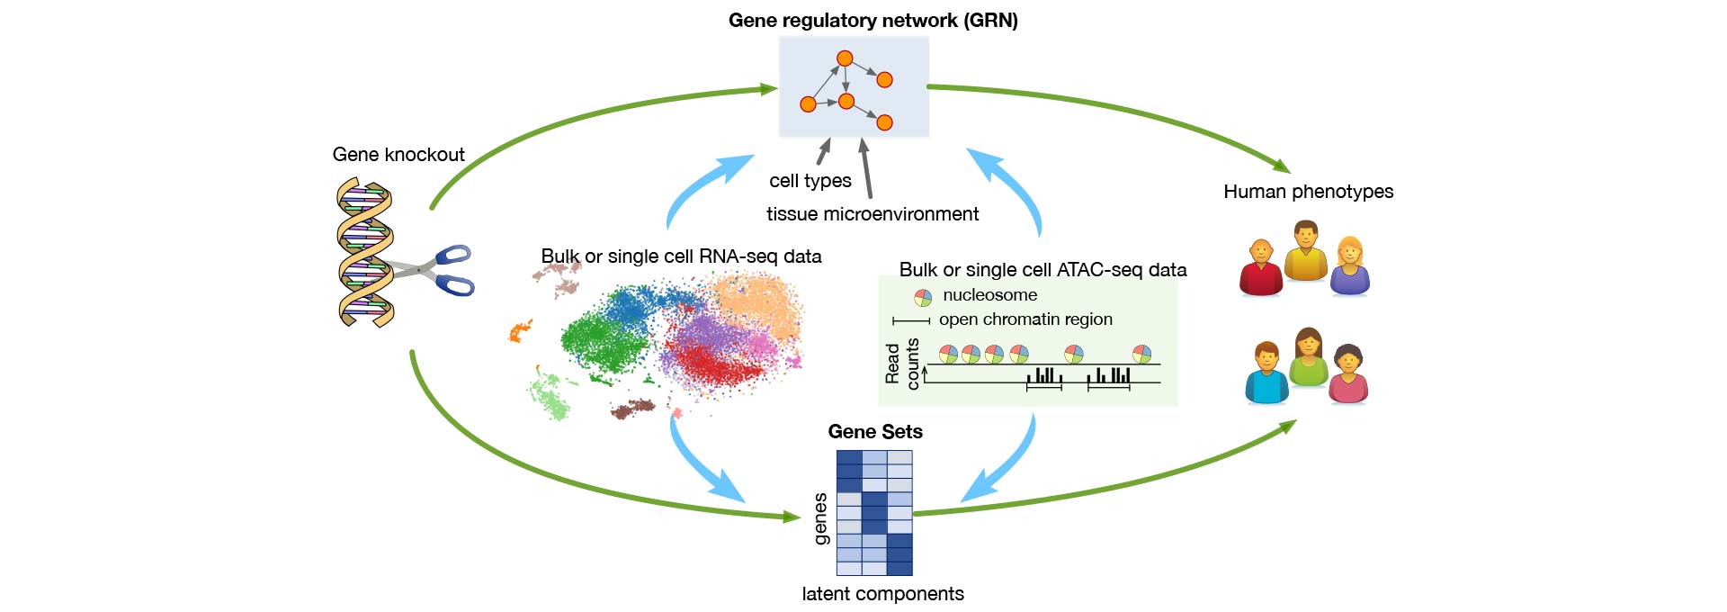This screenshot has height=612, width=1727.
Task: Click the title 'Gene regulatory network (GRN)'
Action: point(872,20)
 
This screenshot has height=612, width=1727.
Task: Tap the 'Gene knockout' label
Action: point(398,155)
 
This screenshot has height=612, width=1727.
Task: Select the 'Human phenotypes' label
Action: point(1308,192)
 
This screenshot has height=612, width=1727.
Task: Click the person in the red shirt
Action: point(1261,267)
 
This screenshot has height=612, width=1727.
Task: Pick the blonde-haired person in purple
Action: point(1349,265)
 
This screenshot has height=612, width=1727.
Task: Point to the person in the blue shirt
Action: point(1267,373)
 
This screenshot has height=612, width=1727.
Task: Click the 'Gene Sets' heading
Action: point(875,432)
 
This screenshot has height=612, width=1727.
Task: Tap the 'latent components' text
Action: point(882,594)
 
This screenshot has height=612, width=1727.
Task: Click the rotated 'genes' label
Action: point(820,519)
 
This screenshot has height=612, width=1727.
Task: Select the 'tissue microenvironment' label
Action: point(872,214)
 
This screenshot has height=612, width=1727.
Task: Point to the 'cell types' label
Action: point(810,181)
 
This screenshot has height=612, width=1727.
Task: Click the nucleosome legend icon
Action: point(923,298)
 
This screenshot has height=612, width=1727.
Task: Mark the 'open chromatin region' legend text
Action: point(1025,319)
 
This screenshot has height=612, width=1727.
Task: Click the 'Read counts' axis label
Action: point(902,364)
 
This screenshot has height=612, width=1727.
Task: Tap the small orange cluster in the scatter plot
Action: point(519,332)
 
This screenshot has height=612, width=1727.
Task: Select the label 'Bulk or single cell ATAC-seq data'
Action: point(1043,270)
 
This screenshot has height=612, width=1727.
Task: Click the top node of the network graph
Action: point(845,58)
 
